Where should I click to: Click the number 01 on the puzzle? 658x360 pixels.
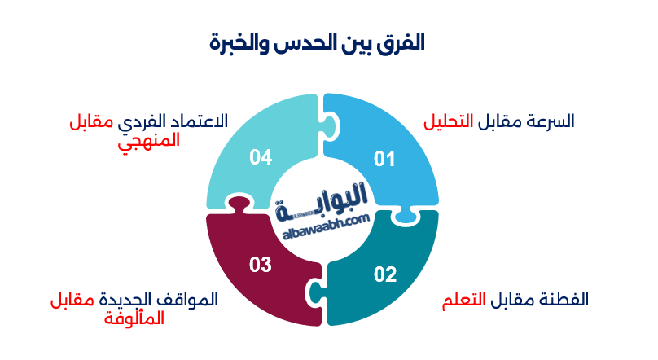pos(384,159)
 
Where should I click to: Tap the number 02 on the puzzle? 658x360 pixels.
pos(384,274)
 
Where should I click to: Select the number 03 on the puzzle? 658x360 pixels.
pos(261,265)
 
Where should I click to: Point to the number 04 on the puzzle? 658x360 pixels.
pos(261,157)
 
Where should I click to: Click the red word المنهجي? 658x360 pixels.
pos(147,139)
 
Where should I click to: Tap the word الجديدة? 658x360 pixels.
pos(129,300)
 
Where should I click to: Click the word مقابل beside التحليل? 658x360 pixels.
pos(497,121)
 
